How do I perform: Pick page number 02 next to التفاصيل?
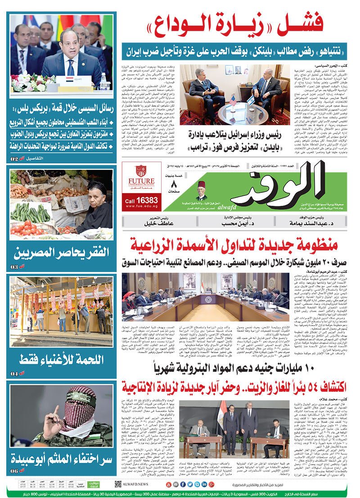[x=14, y=159]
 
